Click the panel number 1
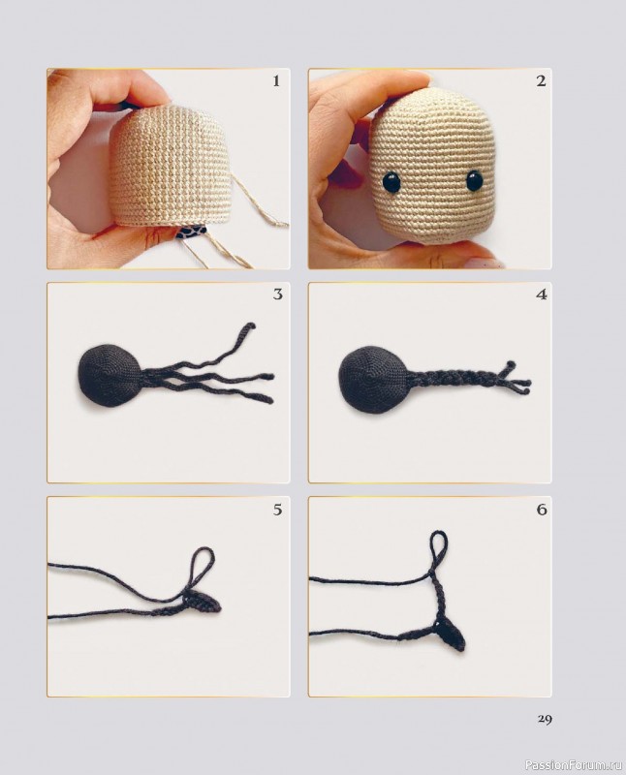[x=276, y=81]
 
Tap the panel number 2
[x=541, y=81]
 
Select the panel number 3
[x=277, y=294]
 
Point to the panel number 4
[x=542, y=295]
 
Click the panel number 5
[x=277, y=510]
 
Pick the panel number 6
[x=542, y=510]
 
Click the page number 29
[x=545, y=719]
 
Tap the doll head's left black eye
[x=391, y=181]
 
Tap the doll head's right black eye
[x=475, y=180]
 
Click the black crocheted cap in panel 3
[x=110, y=375]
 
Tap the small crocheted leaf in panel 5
[x=203, y=602]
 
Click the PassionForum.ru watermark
[x=574, y=765]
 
